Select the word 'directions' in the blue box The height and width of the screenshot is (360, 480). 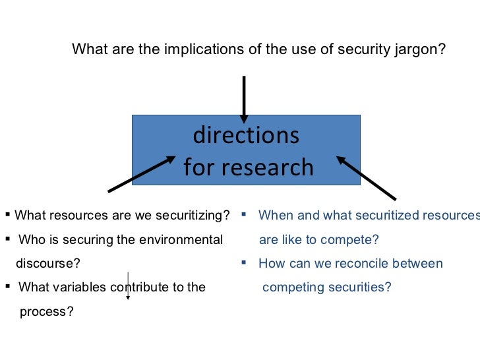pos(246,135)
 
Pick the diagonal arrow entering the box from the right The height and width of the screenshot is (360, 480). pos(366,177)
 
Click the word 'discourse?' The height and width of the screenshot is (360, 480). pos(47,264)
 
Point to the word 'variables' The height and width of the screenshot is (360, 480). pos(84,287)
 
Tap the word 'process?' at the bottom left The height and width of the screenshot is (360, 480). pos(46,312)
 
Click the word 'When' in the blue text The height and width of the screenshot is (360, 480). pos(274,215)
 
